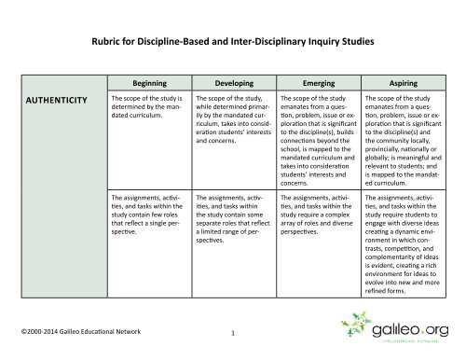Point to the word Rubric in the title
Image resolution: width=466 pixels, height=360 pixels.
pos(109,41)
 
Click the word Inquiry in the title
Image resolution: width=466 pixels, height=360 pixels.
pos(317,41)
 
